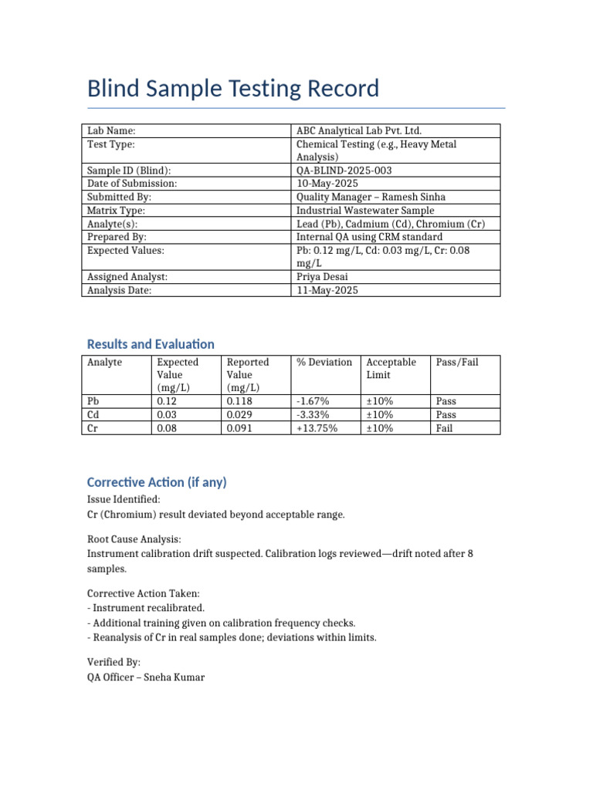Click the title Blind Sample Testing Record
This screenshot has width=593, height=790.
point(233,89)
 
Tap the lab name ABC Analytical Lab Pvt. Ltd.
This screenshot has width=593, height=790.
point(359,131)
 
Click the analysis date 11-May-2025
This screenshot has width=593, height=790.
point(327,290)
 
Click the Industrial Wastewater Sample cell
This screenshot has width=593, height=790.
point(365,211)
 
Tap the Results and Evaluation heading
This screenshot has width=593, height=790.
point(151,344)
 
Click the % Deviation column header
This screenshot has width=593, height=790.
point(324,362)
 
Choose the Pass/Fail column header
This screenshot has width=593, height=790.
point(457,362)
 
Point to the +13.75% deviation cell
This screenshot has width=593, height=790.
point(317,428)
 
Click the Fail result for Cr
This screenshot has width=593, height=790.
point(444,428)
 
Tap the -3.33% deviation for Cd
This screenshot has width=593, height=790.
point(313,415)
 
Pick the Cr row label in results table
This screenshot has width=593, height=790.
point(93,428)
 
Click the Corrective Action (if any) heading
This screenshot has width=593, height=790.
point(157,482)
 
